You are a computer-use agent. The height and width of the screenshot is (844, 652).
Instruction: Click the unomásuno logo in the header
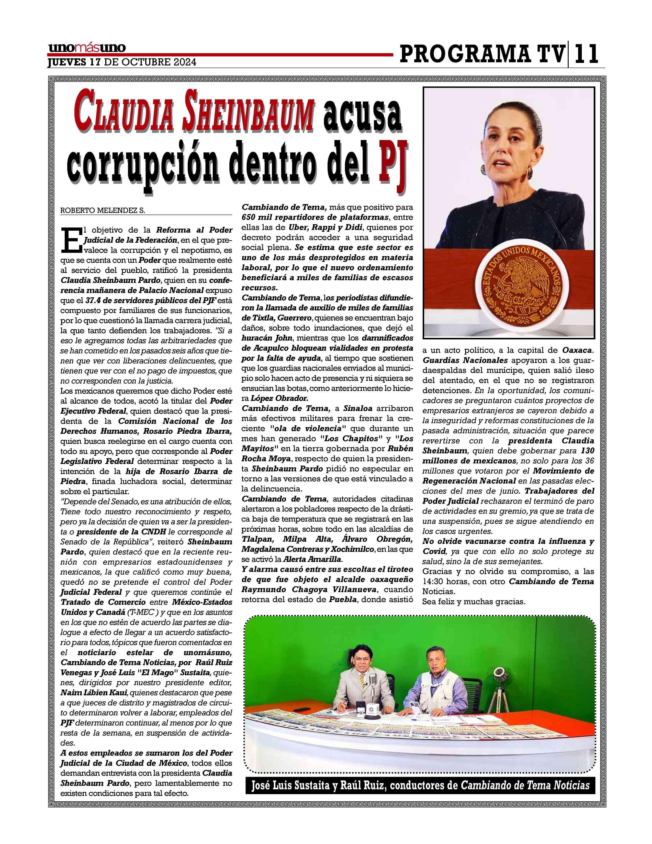pyautogui.click(x=87, y=48)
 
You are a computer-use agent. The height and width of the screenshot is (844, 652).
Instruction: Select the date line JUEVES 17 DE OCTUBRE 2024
pyautogui.click(x=122, y=62)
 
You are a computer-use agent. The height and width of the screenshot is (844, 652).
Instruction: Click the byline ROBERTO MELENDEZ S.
pyautogui.click(x=103, y=210)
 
